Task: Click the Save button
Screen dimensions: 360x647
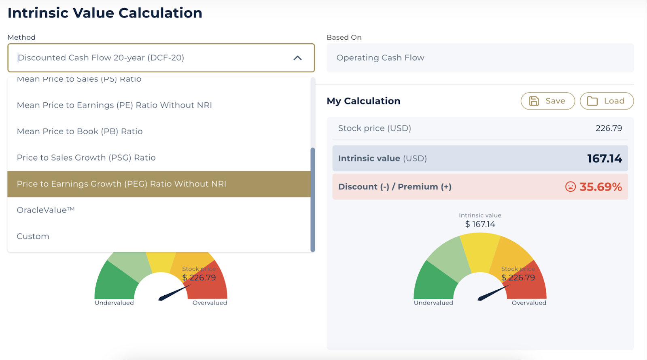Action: click(x=547, y=101)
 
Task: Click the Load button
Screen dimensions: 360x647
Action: click(x=606, y=101)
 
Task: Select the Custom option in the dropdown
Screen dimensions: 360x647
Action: click(x=33, y=236)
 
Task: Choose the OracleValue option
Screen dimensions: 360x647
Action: click(x=46, y=210)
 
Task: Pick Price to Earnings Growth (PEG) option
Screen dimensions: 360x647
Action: click(x=121, y=184)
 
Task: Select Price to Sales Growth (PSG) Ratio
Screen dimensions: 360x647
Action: click(x=86, y=158)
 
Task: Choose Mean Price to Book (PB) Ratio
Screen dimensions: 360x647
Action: click(x=80, y=131)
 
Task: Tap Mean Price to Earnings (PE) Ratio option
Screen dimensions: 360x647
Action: click(x=114, y=105)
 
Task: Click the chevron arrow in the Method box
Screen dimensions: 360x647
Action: click(x=297, y=58)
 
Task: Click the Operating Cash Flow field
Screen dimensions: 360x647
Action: click(x=480, y=58)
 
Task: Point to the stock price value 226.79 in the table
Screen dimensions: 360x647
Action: click(x=609, y=128)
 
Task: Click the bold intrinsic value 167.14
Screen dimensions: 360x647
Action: click(x=605, y=158)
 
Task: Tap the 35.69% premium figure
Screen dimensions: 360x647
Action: click(x=600, y=187)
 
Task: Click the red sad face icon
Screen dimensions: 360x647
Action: click(x=570, y=187)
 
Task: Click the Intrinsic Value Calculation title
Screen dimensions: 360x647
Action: click(x=105, y=13)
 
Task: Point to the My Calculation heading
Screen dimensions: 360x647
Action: click(x=363, y=101)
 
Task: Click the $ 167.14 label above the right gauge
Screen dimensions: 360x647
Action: click(x=480, y=224)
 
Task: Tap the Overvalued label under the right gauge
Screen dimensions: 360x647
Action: click(x=529, y=303)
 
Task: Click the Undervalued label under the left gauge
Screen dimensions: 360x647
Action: click(x=114, y=303)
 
